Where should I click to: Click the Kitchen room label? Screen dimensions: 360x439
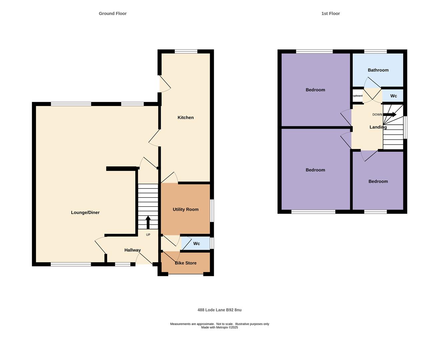(185, 118)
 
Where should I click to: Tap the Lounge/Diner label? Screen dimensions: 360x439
(85, 213)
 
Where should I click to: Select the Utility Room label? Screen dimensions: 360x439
(185, 210)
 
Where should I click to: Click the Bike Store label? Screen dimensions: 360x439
(185, 263)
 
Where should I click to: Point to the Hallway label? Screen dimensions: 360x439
(132, 250)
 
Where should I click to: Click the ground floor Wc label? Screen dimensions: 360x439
(196, 244)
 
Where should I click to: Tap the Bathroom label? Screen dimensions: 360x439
(378, 70)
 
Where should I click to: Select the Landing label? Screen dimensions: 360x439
(378, 127)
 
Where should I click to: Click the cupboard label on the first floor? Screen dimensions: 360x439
(357, 96)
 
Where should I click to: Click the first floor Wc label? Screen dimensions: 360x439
(393, 96)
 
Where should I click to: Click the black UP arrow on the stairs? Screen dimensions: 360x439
(148, 222)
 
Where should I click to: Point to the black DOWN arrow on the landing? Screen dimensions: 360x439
(390, 115)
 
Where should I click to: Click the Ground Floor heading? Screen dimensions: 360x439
(112, 14)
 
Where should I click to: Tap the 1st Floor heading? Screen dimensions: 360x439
(330, 14)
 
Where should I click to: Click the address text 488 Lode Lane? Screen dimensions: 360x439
(220, 310)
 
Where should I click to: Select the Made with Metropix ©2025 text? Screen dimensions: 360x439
(220, 327)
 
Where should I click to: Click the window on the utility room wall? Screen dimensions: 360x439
(212, 211)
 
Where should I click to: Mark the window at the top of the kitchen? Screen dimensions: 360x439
(186, 51)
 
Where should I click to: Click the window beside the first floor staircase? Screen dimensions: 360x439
(405, 127)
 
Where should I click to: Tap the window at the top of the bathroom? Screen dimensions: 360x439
(375, 51)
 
